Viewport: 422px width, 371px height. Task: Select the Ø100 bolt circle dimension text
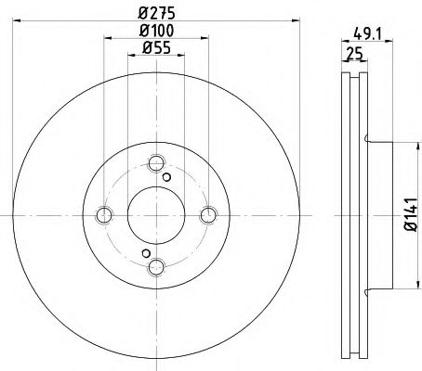[154, 32]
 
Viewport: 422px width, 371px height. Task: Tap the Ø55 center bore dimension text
[154, 52]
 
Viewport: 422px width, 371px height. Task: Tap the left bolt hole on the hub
[103, 215]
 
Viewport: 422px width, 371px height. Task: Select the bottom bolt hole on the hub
[154, 266]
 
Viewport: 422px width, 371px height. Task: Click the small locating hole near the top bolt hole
[166, 177]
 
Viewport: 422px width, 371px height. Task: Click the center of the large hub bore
[154, 215]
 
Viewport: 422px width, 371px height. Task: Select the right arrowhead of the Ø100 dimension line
[203, 42]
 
